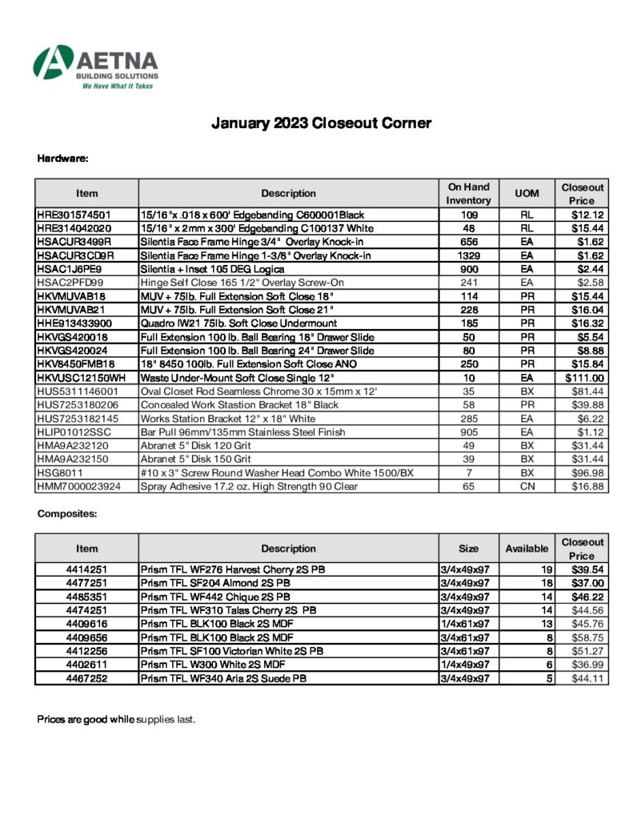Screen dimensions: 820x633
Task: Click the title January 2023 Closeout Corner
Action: pos(321,123)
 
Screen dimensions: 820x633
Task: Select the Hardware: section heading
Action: pos(62,158)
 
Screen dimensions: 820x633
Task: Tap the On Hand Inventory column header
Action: pos(468,193)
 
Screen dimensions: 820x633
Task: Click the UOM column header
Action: pos(527,193)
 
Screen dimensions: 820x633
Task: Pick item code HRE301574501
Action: pos(74,215)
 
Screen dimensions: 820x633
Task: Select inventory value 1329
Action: pos(468,255)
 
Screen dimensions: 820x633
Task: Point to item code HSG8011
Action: pos(60,472)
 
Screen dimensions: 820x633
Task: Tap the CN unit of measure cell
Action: pos(527,486)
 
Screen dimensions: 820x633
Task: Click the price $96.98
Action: pos(588,472)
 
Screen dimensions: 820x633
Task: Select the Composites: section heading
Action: pos(67,513)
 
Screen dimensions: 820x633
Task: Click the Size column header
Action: pos(468,549)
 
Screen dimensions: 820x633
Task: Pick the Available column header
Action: pos(527,549)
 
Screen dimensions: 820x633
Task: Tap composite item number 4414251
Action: pos(86,569)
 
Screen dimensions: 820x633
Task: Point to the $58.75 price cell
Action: pos(587,637)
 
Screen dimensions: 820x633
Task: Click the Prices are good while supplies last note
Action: pos(116,719)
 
